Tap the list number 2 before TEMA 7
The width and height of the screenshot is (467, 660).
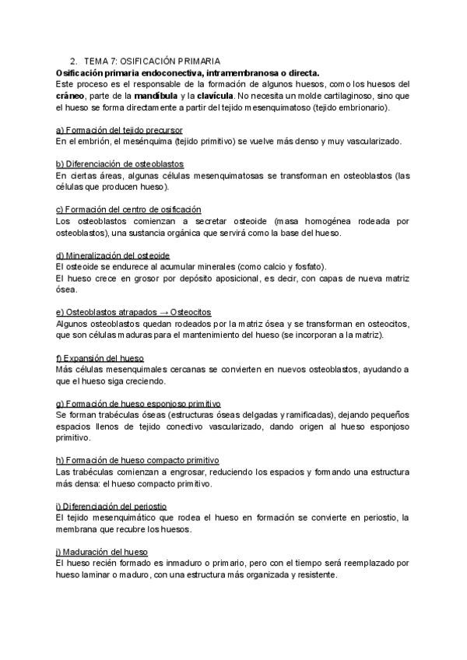click(72, 61)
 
